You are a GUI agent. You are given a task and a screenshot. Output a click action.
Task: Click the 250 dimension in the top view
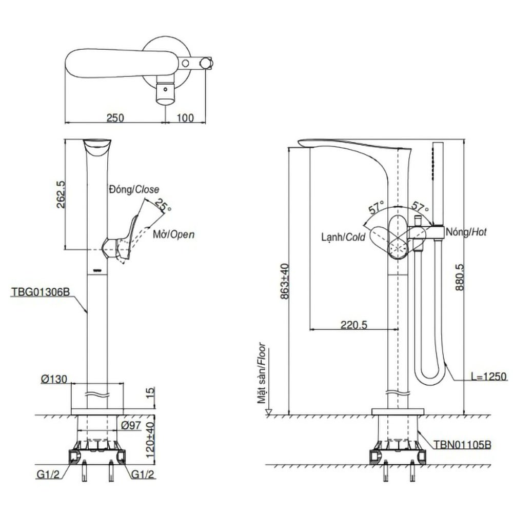pyautogui.click(x=115, y=117)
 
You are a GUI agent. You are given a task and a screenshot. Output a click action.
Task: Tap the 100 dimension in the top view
pyautogui.click(x=185, y=117)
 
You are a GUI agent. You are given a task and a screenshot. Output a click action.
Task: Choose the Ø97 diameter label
pyautogui.click(x=132, y=425)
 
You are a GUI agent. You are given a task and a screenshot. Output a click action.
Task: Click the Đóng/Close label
pyautogui.click(x=133, y=189)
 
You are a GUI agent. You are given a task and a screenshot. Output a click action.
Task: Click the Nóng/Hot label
pyautogui.click(x=466, y=232)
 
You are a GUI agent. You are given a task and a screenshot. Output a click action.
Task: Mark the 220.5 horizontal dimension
pyautogui.click(x=353, y=324)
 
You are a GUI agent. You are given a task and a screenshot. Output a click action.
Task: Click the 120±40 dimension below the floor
pyautogui.click(x=149, y=434)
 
